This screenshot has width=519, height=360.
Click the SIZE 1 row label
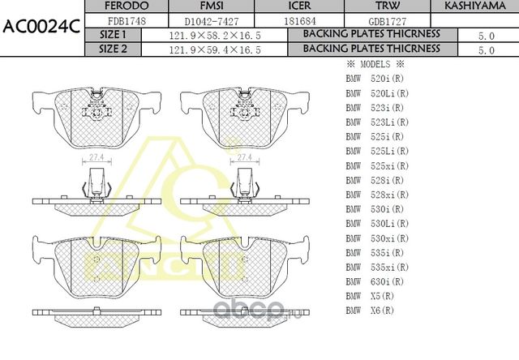113,35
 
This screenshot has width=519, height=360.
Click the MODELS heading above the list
375,64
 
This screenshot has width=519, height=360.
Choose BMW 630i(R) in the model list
376,281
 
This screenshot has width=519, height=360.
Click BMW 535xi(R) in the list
379,266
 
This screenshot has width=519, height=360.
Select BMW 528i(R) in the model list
376,180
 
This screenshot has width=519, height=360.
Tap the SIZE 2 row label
113,49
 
